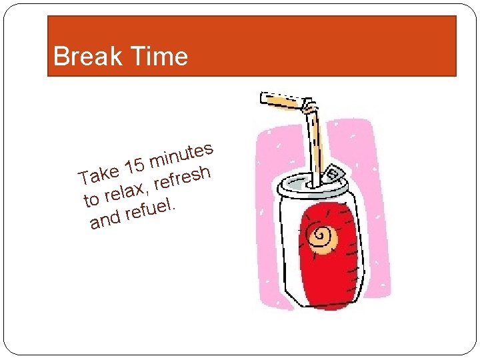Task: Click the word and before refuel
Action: click(x=105, y=219)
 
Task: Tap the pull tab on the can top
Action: click(x=334, y=174)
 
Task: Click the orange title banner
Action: click(x=320, y=45)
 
